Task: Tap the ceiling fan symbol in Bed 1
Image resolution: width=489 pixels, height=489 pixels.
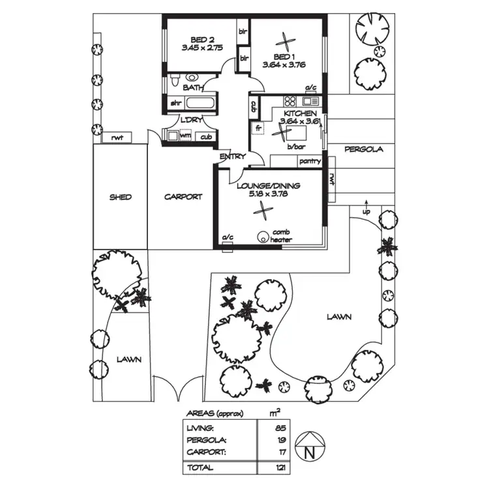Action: [284, 40]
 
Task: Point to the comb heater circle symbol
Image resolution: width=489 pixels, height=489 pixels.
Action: [265, 237]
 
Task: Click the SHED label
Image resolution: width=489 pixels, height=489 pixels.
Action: [120, 197]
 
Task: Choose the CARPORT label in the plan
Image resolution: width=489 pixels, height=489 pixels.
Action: [183, 196]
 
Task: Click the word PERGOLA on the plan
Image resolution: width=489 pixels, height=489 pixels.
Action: [364, 149]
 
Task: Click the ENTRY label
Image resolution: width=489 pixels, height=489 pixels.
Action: [233, 156]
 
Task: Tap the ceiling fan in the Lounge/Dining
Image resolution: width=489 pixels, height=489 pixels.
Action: [264, 211]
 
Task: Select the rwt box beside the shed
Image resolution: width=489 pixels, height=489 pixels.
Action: [117, 137]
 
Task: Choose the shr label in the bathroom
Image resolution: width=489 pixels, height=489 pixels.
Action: [175, 103]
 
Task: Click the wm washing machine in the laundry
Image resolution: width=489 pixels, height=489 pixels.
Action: [185, 136]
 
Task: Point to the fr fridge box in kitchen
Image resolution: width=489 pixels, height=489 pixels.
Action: [258, 128]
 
